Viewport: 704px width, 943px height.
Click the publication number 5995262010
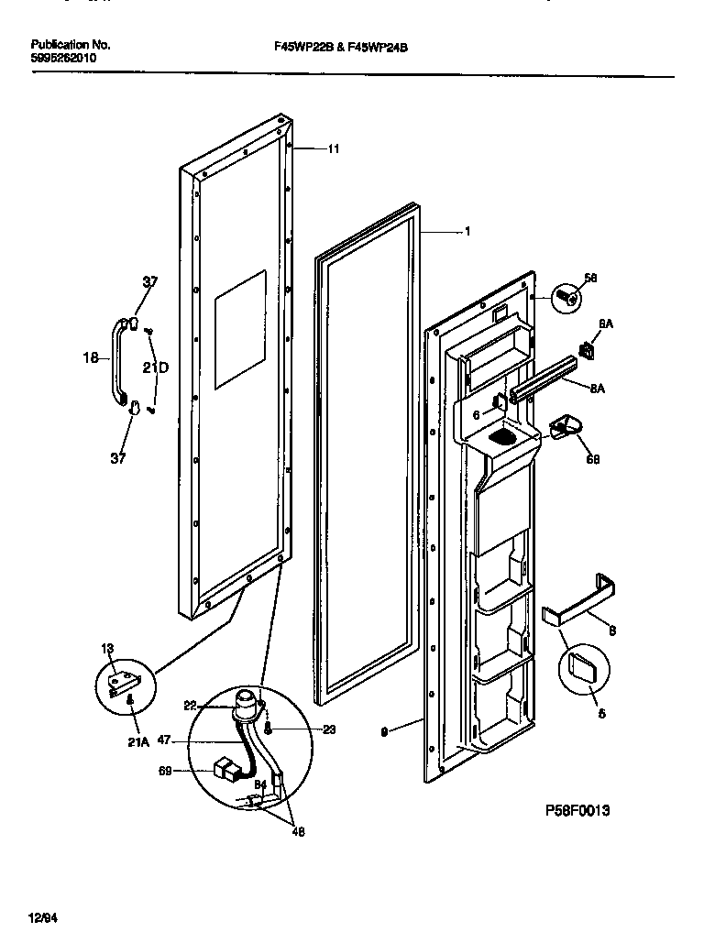[x=62, y=58]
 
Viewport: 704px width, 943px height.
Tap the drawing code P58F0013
[x=577, y=810]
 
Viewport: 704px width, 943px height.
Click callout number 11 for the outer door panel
[x=333, y=148]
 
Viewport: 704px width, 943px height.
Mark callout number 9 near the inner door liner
[x=383, y=731]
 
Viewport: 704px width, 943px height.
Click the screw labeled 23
[x=267, y=729]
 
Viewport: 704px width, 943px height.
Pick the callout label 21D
[x=157, y=367]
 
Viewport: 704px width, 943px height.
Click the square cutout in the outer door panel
[x=240, y=327]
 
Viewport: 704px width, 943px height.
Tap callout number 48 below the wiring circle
[x=299, y=832]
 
